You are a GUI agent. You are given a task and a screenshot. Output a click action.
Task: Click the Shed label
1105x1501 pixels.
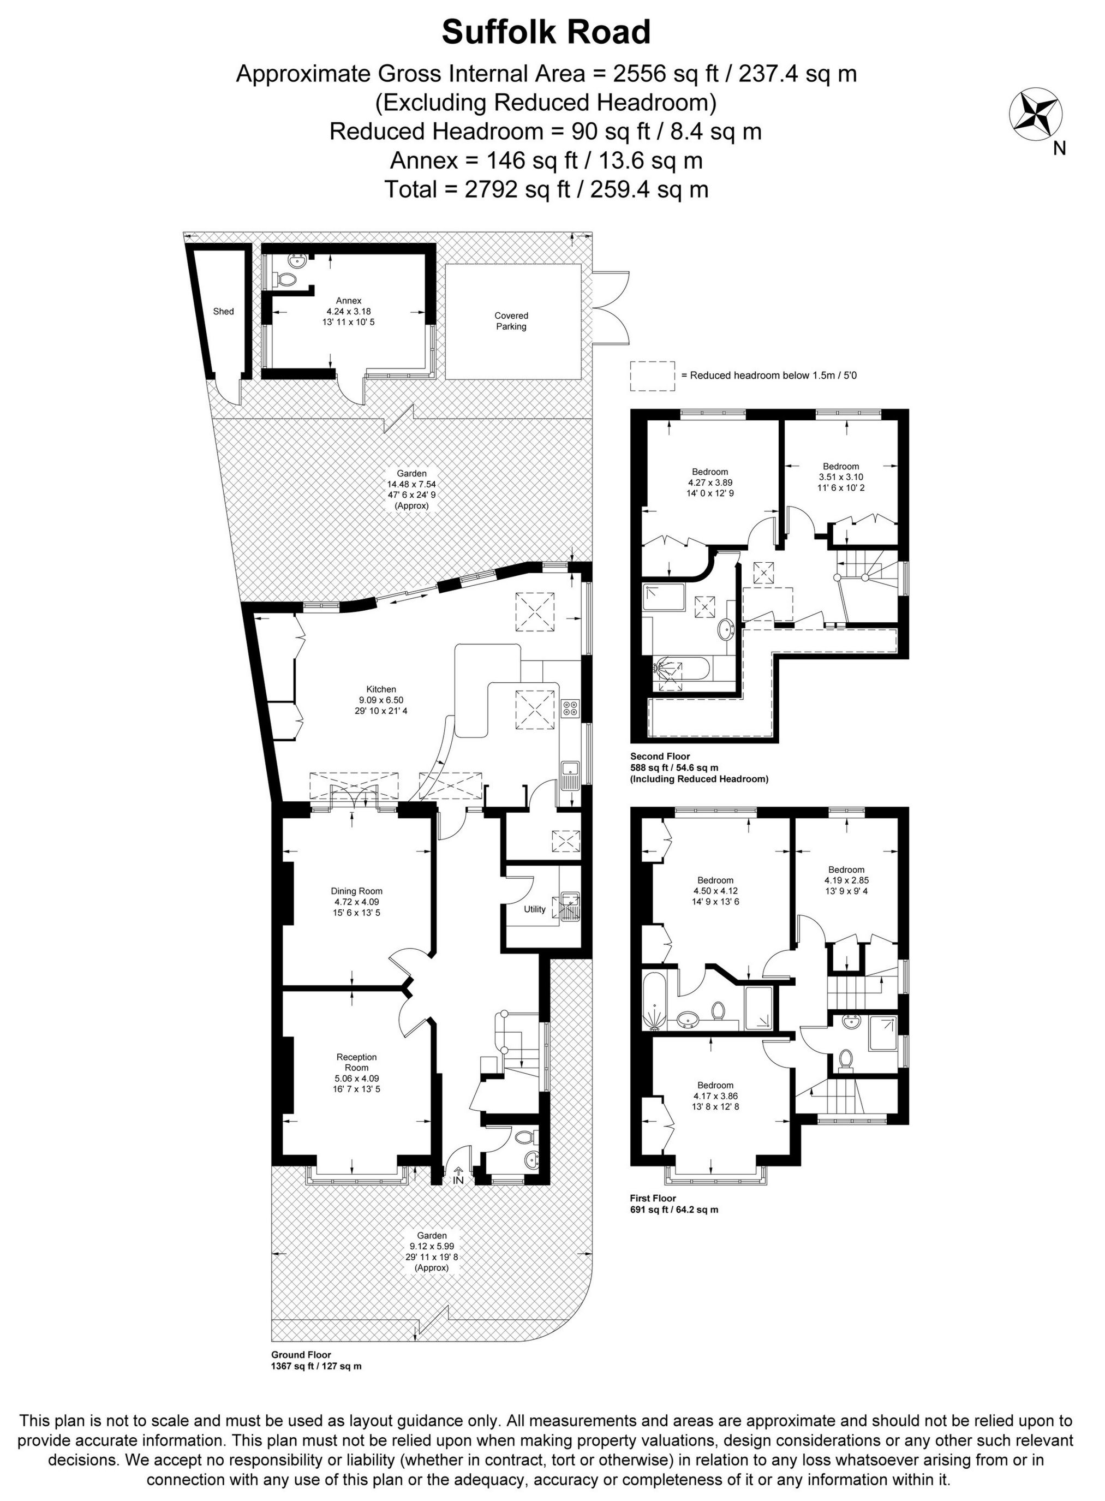(x=223, y=312)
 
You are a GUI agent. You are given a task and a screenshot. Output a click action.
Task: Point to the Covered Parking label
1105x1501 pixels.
(x=511, y=321)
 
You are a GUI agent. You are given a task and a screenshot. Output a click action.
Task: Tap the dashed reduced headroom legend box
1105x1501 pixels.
(x=652, y=376)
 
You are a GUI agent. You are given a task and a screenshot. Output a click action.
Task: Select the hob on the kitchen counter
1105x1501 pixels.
(x=571, y=708)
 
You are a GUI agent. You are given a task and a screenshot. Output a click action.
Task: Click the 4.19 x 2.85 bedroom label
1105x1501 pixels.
(x=846, y=881)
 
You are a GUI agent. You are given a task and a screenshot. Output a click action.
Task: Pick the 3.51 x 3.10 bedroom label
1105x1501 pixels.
(x=840, y=477)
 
